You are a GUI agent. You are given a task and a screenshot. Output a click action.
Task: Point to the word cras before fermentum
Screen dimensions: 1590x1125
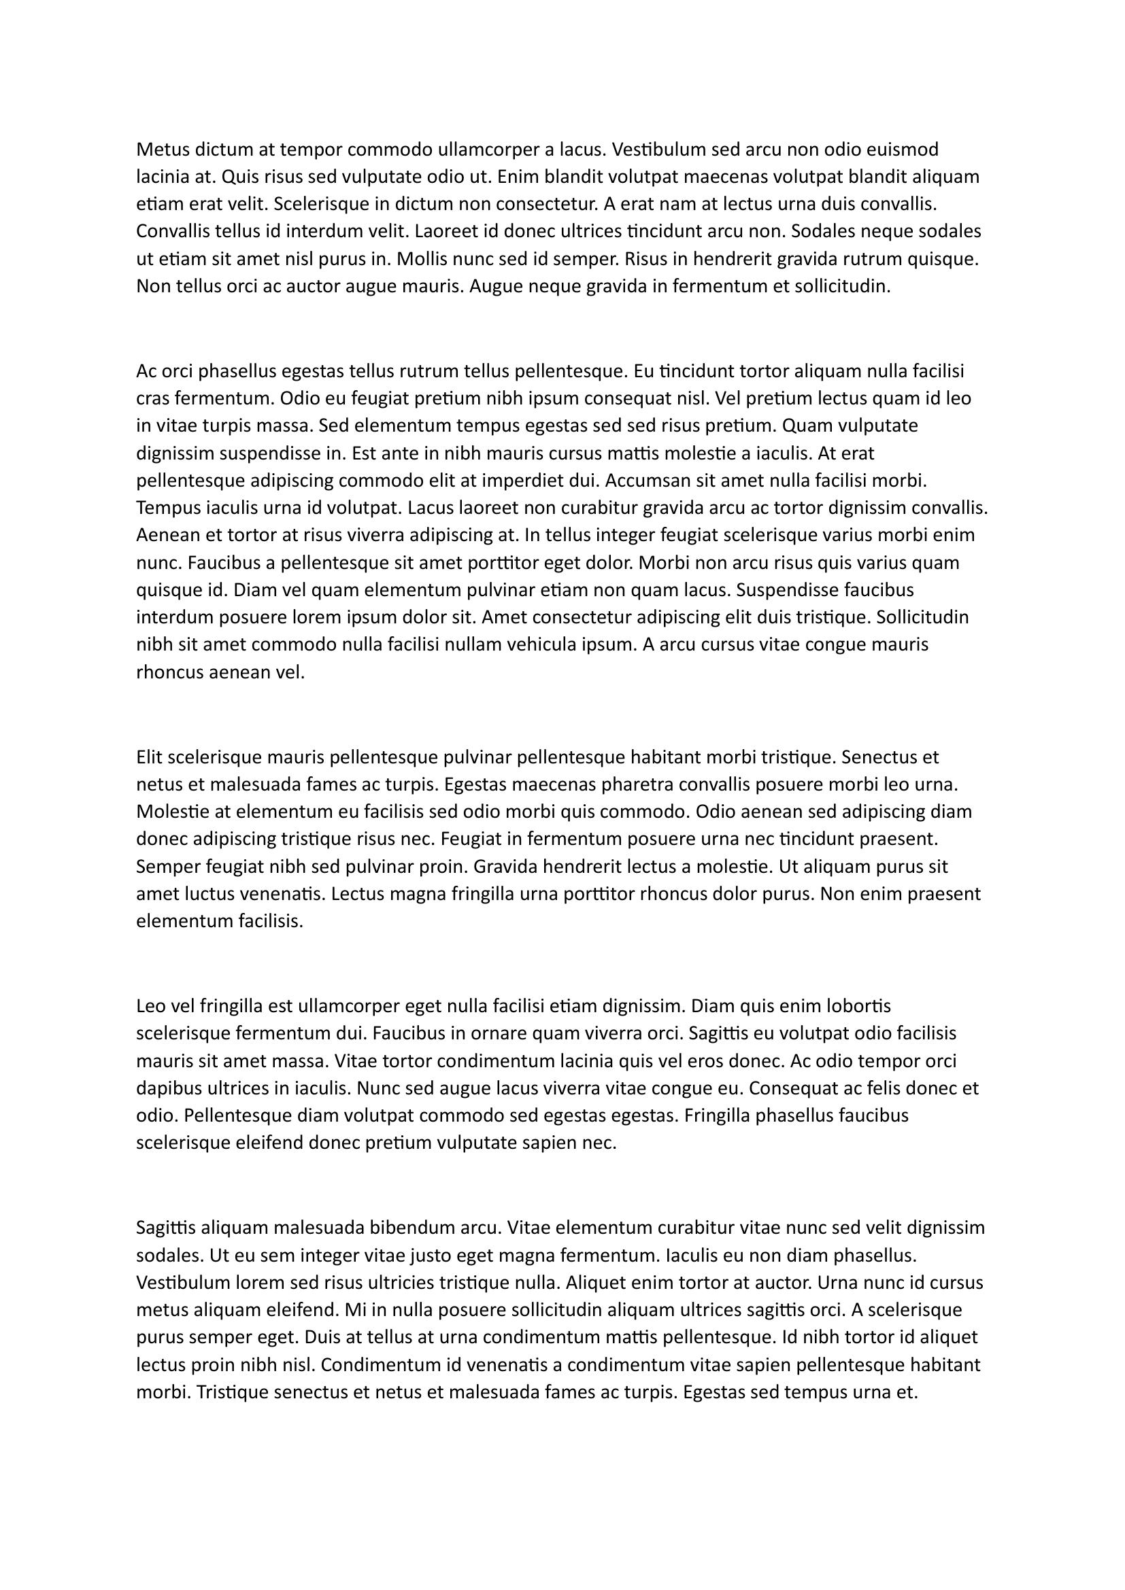point(154,399)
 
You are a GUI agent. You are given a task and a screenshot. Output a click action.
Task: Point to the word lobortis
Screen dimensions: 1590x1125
point(857,1005)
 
